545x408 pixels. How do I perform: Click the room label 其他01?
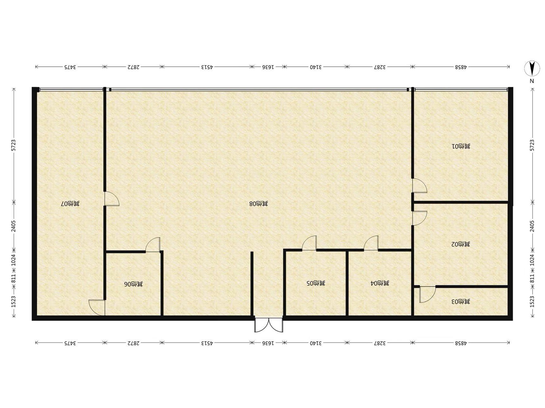coord(461,147)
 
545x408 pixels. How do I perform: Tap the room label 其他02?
coord(461,244)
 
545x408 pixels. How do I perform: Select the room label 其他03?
coord(461,301)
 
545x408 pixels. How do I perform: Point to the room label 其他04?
coord(380,283)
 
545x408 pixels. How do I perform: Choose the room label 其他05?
coord(316,283)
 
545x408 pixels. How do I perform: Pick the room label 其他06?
coord(134,284)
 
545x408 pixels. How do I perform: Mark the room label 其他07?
coord(70,203)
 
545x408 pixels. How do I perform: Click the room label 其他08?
coord(259,203)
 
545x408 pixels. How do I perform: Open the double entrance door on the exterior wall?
coord(269,324)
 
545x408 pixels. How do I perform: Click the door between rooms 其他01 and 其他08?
coord(419,186)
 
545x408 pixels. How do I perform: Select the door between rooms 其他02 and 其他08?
coord(419,218)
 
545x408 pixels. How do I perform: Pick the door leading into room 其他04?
coord(371,243)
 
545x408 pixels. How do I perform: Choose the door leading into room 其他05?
coord(309,243)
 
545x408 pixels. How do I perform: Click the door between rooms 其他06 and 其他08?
coord(153,244)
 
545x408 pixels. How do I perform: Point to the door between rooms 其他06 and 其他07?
coord(97,308)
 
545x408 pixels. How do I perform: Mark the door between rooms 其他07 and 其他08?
coord(112,199)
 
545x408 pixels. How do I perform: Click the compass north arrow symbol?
coord(532,68)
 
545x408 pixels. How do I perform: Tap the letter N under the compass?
coord(532,81)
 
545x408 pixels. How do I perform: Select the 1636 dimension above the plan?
coord(268,67)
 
